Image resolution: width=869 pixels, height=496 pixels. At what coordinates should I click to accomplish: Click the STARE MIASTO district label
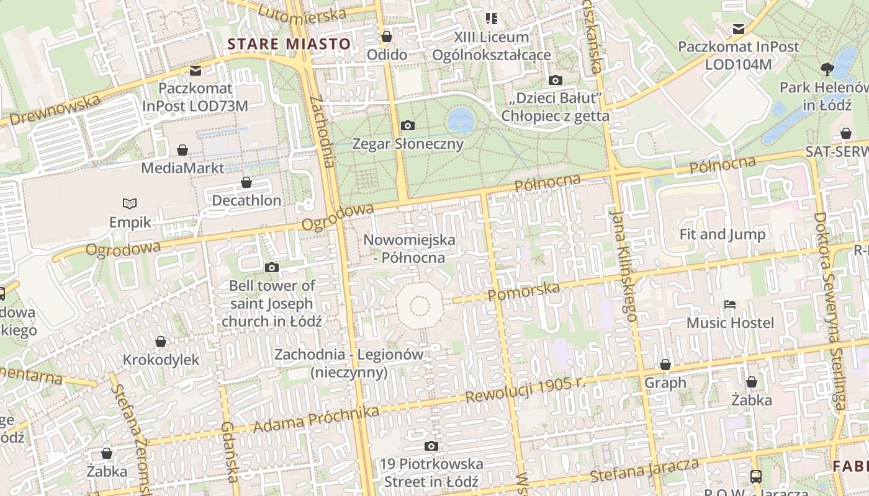[289, 44]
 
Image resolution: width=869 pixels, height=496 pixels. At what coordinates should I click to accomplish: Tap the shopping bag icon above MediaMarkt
[182, 150]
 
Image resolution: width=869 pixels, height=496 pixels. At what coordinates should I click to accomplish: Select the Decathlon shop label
[246, 200]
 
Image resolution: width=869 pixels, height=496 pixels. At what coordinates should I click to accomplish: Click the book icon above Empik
[130, 203]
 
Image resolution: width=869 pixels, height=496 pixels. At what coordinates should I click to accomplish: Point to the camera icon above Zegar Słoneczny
[408, 126]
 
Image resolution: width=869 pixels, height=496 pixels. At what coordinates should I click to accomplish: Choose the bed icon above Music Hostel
[730, 304]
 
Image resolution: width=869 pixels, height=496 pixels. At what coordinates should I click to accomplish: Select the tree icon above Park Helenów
[826, 69]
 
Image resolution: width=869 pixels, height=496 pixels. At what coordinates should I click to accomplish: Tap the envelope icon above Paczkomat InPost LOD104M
[739, 29]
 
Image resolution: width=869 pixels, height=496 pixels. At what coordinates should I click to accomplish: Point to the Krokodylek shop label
[161, 360]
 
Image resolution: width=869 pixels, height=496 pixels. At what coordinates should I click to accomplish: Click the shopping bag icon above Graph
[665, 365]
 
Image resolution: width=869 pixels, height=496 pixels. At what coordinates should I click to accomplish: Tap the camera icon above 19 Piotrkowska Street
[431, 446]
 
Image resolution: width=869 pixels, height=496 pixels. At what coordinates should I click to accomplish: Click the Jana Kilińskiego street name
[623, 265]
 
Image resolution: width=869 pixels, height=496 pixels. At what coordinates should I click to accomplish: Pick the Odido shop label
[387, 55]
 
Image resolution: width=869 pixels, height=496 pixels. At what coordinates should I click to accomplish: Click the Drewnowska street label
[56, 110]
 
